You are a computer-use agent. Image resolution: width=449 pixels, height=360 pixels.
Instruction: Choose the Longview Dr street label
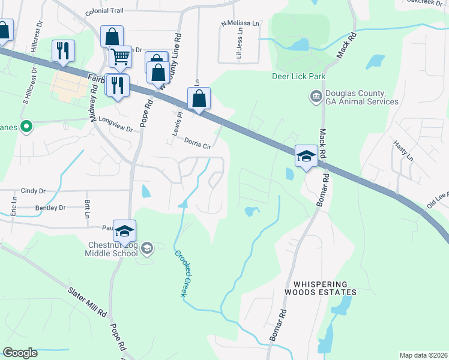click(x=115, y=121)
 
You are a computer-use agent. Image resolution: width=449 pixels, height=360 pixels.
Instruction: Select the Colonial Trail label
click(x=104, y=12)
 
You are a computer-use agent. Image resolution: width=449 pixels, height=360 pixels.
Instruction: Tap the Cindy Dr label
click(x=33, y=191)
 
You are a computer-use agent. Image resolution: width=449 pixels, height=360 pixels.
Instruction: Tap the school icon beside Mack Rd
click(x=306, y=157)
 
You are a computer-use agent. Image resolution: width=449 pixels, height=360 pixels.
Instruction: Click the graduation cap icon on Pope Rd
click(x=124, y=232)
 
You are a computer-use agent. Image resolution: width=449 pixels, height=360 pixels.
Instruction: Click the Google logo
click(x=20, y=352)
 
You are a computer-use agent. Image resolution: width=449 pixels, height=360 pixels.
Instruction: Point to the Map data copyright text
click(x=424, y=355)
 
